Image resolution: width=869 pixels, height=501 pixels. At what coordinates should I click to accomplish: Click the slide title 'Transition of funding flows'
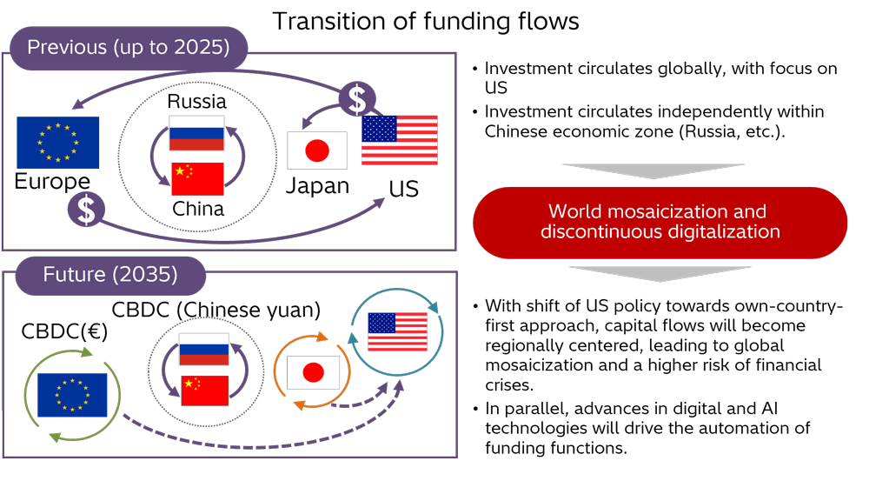coord(426,20)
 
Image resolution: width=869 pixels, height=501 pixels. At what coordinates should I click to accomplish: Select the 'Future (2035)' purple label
coord(110,276)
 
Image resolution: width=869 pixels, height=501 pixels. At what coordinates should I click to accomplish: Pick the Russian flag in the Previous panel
coord(196,133)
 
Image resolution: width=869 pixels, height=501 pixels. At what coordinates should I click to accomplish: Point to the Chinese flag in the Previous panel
coord(196,179)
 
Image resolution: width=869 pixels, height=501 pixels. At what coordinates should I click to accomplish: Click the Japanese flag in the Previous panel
coord(317,150)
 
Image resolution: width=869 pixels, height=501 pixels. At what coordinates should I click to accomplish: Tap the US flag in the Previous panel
coord(399,140)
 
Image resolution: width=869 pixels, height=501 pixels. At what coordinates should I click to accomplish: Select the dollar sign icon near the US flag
coord(356,100)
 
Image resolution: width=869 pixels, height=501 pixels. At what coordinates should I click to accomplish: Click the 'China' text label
coord(197,209)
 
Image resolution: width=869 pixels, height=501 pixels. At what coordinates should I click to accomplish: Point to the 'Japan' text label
coord(318,185)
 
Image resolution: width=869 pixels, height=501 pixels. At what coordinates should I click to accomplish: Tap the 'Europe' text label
coord(53,181)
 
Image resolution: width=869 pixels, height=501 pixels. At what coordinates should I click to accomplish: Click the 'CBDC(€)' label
coord(56,331)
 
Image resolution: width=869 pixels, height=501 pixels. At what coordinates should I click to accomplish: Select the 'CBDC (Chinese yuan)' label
coord(216,309)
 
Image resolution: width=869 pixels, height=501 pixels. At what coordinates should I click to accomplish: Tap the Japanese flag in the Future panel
coord(313,373)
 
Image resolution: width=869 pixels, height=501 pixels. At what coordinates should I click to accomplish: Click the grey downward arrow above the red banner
coord(657,170)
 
